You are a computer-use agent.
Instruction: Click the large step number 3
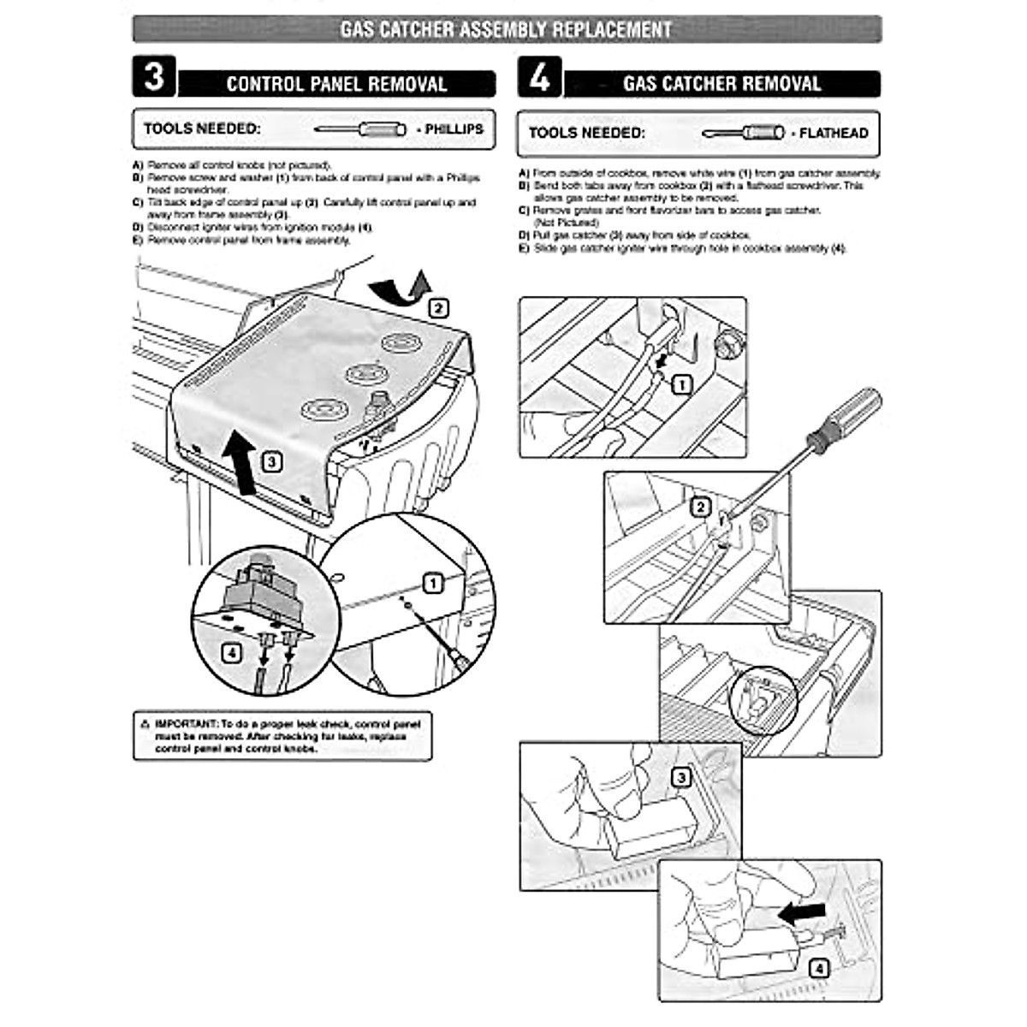coord(154,77)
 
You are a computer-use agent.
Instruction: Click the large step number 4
coord(540,78)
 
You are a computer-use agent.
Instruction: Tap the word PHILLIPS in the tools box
coord(454,129)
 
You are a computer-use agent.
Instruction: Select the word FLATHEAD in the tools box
coord(834,134)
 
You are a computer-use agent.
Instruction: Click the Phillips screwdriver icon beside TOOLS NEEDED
coord(359,129)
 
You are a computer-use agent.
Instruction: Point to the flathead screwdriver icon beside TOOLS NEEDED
coord(743,134)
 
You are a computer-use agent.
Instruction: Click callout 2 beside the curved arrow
coord(438,308)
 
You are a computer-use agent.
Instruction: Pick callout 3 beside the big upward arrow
coord(271,462)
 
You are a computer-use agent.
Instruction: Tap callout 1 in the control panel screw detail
coord(434,584)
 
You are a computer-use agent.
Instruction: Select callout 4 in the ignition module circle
coord(231,653)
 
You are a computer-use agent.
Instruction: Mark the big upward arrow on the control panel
coord(242,462)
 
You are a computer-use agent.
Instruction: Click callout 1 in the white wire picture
coord(681,385)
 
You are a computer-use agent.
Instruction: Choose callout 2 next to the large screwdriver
coord(701,508)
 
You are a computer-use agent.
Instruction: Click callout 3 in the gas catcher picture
coord(680,778)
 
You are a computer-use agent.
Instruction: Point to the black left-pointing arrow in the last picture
coord(803,913)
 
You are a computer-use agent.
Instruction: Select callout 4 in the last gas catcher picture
coord(819,969)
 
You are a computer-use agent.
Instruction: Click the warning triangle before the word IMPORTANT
coord(145,724)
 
